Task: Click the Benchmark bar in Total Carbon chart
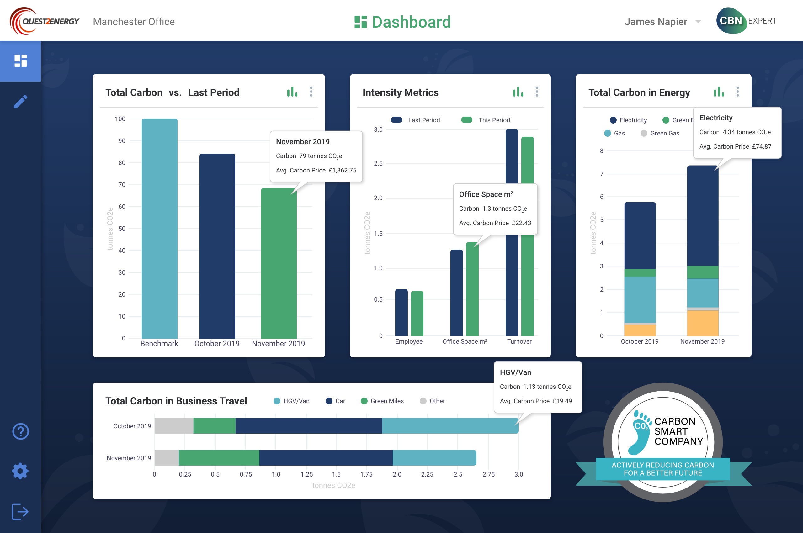(160, 228)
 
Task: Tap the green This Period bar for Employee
(417, 313)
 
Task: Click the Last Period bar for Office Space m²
(456, 292)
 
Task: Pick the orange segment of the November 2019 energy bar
(703, 323)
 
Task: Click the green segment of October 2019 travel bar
(214, 425)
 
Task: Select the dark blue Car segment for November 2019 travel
(326, 457)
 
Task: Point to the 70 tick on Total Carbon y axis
(122, 185)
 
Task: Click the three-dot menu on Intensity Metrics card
(537, 92)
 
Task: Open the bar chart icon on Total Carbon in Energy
(718, 92)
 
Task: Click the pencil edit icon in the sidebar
(20, 102)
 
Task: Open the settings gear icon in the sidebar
(20, 471)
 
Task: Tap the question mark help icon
(20, 431)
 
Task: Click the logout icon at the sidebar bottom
(20, 512)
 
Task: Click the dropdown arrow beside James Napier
(698, 22)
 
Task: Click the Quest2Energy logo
(44, 21)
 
